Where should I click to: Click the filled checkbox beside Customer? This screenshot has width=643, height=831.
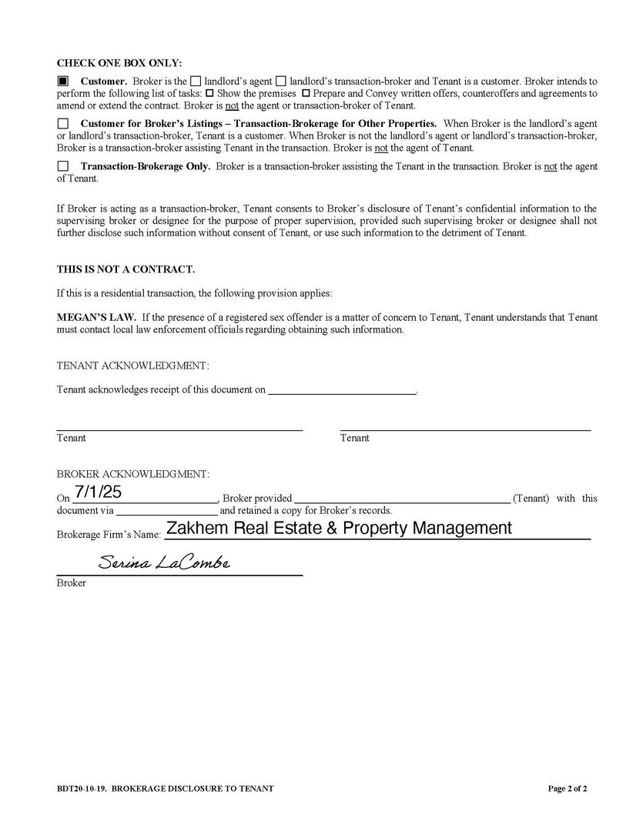click(x=62, y=81)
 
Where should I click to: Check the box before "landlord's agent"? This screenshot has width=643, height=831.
click(x=196, y=81)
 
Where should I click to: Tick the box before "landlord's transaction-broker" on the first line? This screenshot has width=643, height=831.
click(x=281, y=81)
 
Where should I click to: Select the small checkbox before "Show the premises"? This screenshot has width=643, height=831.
click(x=209, y=93)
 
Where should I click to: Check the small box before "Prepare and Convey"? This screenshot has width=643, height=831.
click(x=306, y=93)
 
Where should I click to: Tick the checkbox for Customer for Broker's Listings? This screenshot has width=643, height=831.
click(x=62, y=124)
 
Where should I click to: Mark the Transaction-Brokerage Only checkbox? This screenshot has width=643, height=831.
click(x=62, y=166)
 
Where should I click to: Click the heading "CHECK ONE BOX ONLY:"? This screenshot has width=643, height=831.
click(x=119, y=63)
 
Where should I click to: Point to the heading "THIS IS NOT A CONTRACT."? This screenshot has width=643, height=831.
click(x=126, y=269)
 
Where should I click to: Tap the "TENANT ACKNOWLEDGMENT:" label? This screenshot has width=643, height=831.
click(x=132, y=365)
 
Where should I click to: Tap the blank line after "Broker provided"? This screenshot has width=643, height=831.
click(x=401, y=498)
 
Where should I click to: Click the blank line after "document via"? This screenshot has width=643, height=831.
click(x=166, y=510)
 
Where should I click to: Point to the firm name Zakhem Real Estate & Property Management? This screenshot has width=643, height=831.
click(x=339, y=529)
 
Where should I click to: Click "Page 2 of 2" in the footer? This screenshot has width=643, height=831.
click(x=568, y=789)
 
